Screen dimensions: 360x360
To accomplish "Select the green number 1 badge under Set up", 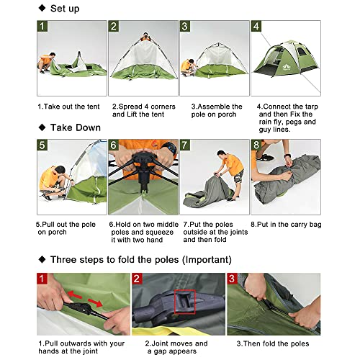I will tap(43, 27).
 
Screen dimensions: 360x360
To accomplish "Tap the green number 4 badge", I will tap(256, 27).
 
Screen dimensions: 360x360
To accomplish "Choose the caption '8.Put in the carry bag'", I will tap(287, 224).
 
